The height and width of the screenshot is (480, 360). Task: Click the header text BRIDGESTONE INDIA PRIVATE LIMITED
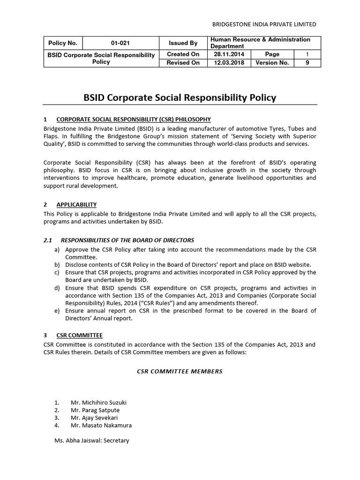click(x=264, y=24)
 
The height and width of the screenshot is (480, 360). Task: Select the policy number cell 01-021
click(x=120, y=43)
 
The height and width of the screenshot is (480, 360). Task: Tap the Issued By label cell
click(x=183, y=43)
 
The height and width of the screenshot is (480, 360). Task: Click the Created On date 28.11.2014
click(x=229, y=54)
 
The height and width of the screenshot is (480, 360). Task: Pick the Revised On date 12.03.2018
click(x=229, y=63)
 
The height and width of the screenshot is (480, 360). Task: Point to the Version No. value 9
click(x=307, y=63)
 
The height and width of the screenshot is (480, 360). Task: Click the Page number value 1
click(x=307, y=54)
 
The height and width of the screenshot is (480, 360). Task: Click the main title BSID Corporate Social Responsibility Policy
click(x=180, y=98)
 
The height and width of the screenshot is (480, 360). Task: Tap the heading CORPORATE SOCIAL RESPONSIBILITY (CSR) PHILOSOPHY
click(x=133, y=120)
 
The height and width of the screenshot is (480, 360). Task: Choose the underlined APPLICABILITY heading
click(x=76, y=204)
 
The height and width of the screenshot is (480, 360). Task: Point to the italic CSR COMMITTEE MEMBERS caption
click(x=180, y=371)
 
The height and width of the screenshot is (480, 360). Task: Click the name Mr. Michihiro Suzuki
click(x=98, y=403)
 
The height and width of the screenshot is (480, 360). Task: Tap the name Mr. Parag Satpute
click(x=95, y=410)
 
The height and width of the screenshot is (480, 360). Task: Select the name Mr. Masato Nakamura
click(x=101, y=425)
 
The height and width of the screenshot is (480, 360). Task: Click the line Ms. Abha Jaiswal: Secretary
click(x=91, y=441)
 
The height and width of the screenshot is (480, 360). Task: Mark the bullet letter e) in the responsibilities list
click(x=57, y=310)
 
